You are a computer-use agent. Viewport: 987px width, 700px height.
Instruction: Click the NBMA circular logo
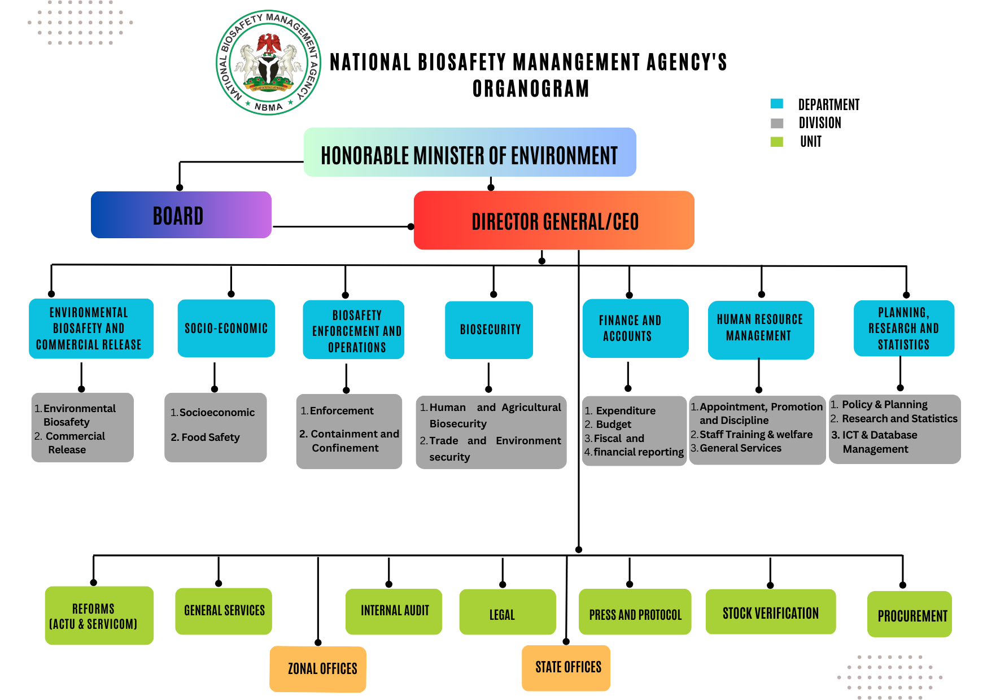tap(268, 62)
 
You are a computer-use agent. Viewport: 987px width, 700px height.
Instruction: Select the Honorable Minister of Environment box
tap(469, 152)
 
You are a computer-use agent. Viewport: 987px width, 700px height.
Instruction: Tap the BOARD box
tap(181, 215)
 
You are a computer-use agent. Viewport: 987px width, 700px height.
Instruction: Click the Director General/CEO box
tap(553, 221)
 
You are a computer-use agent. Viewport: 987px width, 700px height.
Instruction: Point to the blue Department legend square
tap(777, 104)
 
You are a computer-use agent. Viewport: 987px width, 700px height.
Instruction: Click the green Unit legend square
tap(777, 142)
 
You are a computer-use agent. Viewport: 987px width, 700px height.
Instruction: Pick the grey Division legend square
tap(777, 123)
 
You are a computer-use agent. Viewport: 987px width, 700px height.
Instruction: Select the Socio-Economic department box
tap(226, 328)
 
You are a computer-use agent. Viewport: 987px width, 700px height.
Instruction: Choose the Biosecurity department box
tap(489, 330)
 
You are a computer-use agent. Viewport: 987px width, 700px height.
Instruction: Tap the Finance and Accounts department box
tap(635, 328)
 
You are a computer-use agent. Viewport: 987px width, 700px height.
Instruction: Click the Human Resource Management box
tap(760, 329)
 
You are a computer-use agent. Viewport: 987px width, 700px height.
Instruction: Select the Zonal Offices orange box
tap(318, 669)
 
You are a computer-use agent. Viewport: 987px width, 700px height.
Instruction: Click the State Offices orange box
tap(566, 668)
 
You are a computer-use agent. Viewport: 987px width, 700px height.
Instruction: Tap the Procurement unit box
tap(909, 615)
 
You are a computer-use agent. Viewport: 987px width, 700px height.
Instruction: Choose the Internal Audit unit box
tap(394, 611)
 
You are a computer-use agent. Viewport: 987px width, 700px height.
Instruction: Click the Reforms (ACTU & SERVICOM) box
tap(99, 615)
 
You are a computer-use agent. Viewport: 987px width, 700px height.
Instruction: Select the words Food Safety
tap(210, 438)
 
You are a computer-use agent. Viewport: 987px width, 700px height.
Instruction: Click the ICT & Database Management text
tap(879, 442)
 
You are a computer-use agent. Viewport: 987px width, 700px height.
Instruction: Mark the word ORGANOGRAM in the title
tap(530, 89)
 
